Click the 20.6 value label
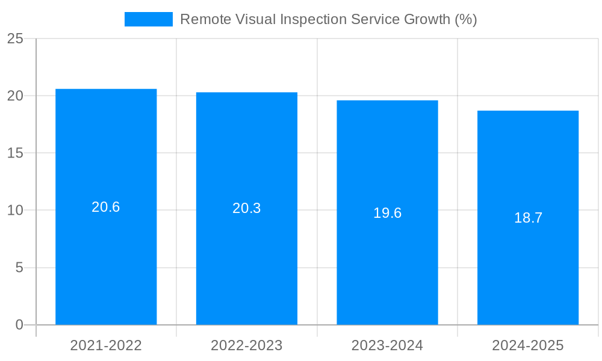coord(106,207)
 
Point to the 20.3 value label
coord(247,208)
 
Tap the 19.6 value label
coord(387,213)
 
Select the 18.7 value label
coord(528,218)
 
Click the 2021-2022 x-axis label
coord(106,345)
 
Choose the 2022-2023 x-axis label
coord(247,345)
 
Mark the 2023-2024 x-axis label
coord(387,345)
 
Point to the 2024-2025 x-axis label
coord(528,345)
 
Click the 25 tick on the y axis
coord(15,39)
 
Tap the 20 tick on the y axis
coord(15,96)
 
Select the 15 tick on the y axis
coord(15,153)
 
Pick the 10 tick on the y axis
coord(15,211)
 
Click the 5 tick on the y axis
coord(19,268)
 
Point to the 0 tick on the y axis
coord(19,325)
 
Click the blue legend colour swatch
coord(148,19)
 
